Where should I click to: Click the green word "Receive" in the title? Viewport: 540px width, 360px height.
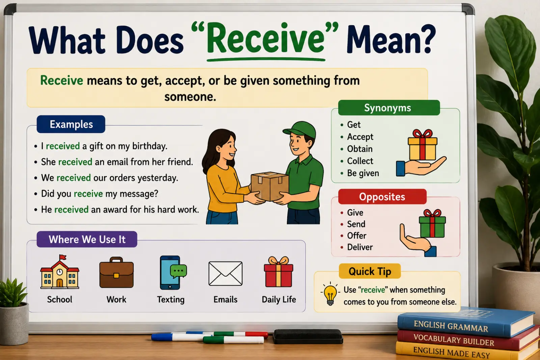click(265, 38)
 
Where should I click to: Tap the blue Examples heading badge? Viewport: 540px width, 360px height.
click(71, 124)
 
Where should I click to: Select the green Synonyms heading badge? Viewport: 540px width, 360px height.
click(389, 108)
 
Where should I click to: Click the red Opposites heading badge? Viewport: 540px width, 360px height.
click(382, 197)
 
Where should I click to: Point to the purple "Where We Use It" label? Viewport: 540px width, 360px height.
click(87, 239)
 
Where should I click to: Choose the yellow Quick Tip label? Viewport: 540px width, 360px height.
click(370, 271)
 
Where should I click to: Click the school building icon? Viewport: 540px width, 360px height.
click(59, 272)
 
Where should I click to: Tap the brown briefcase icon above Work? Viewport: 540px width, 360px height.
click(116, 272)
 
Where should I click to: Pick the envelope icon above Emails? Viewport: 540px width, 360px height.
click(225, 274)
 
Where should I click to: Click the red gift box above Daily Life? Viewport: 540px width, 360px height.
click(279, 272)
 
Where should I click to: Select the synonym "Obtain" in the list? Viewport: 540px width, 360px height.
click(360, 149)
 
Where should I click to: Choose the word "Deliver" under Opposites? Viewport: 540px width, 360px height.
click(360, 247)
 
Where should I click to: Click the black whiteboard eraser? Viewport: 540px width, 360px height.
click(308, 336)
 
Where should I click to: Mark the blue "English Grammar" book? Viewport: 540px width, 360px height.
click(465, 324)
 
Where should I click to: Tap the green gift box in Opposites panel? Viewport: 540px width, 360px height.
click(432, 224)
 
